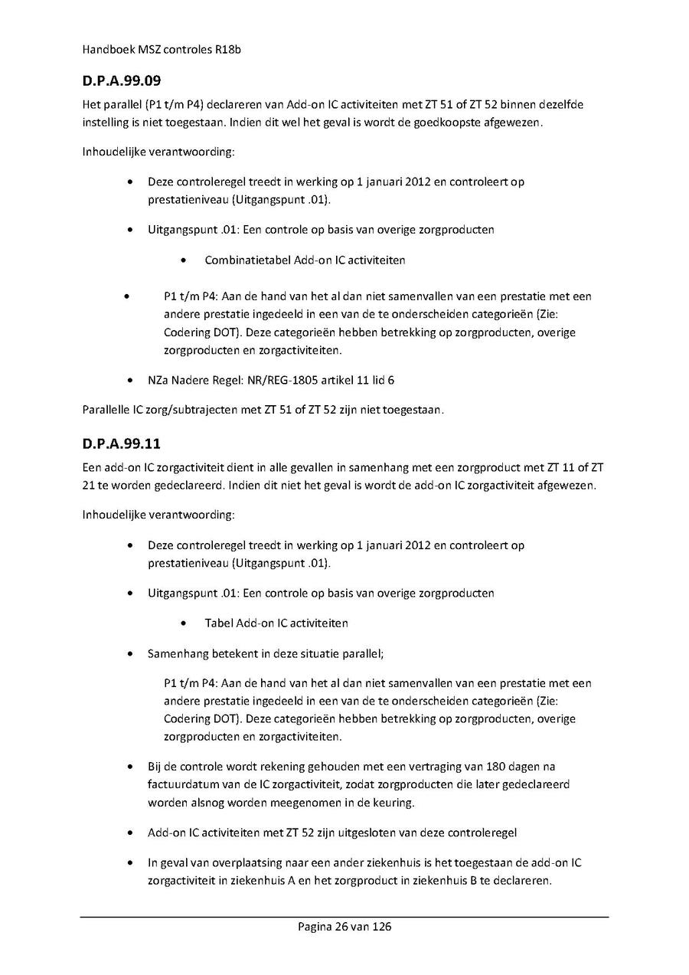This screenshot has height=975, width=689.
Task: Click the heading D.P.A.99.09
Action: (121, 80)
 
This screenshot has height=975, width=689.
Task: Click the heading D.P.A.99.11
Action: (121, 443)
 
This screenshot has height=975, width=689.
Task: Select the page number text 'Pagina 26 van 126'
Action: (344, 927)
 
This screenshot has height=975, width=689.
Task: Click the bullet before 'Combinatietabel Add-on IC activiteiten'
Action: (184, 260)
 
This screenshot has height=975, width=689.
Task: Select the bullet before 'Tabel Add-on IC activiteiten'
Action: (184, 623)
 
